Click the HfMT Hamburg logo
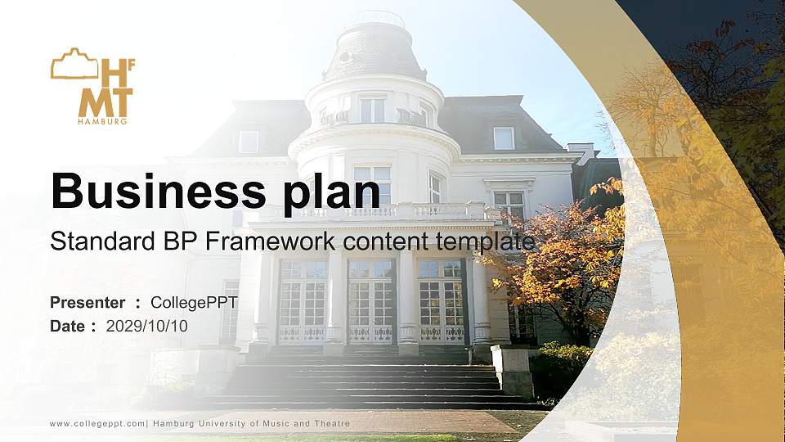(92, 86)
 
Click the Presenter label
(87, 303)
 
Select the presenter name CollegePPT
(194, 303)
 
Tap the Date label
(68, 326)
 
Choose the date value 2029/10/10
(146, 326)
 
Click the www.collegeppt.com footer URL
(97, 423)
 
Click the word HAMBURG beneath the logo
(102, 121)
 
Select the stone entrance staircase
(368, 381)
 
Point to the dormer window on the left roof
(248, 142)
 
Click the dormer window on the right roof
(504, 138)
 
